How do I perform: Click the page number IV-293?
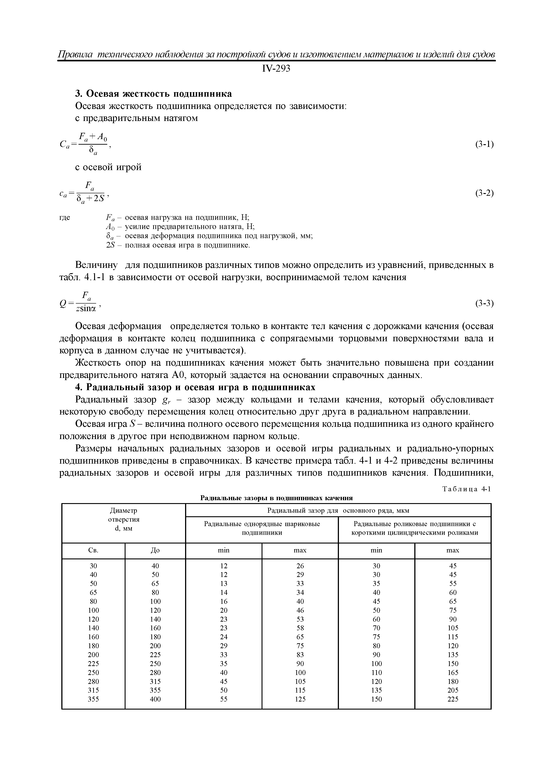[x=276, y=69]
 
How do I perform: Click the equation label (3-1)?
[x=484, y=144]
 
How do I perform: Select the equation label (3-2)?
[x=484, y=193]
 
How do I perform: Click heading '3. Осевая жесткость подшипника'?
[x=153, y=94]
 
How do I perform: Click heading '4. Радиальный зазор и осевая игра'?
[x=195, y=387]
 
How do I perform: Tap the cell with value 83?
[x=300, y=654]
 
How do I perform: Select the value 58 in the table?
[x=300, y=628]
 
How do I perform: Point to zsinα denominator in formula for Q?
[x=86, y=309]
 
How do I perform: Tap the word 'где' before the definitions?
[x=65, y=217]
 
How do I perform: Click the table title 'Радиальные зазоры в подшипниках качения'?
[x=276, y=498]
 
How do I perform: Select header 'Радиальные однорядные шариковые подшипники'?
[x=262, y=528]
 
